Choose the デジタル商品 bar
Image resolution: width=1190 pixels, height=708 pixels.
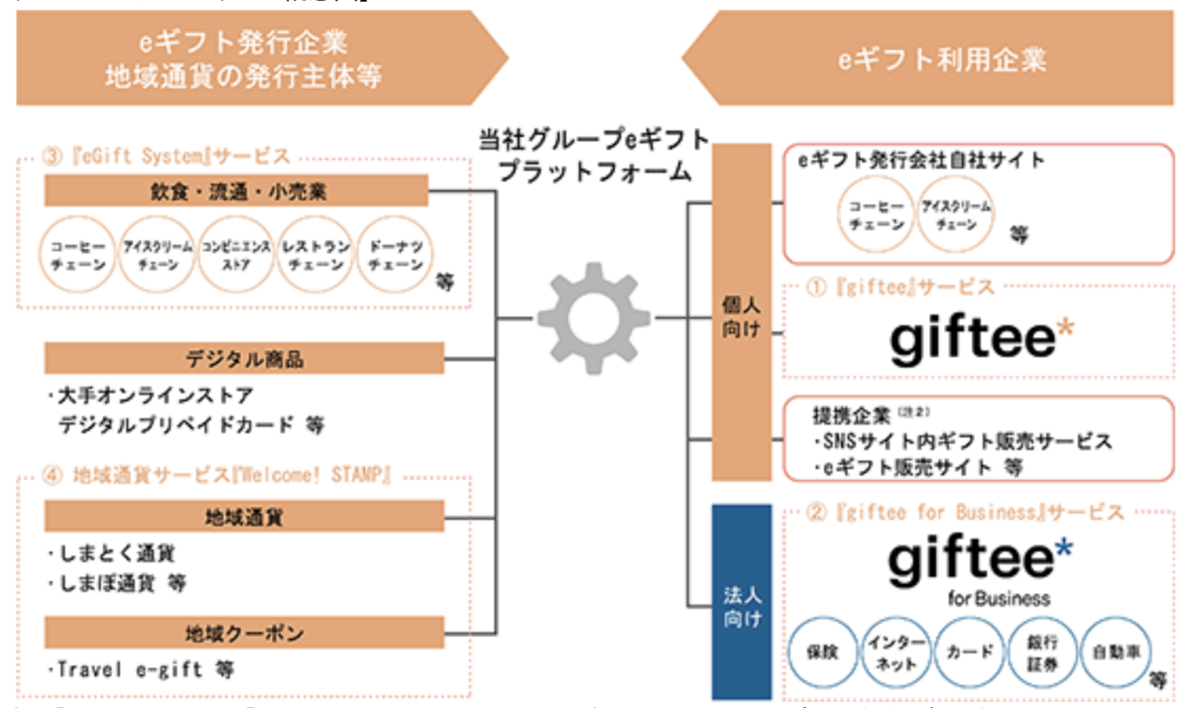(x=244, y=358)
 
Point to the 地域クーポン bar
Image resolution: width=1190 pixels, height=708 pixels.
(x=244, y=632)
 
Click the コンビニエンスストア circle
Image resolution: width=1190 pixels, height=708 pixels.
(x=236, y=256)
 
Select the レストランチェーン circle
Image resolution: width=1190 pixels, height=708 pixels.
(x=315, y=256)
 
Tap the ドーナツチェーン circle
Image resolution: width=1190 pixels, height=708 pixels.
(x=395, y=256)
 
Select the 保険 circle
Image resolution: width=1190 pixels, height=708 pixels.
(x=823, y=652)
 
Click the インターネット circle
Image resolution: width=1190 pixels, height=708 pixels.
(x=895, y=652)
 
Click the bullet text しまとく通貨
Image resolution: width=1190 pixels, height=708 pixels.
(x=109, y=553)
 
